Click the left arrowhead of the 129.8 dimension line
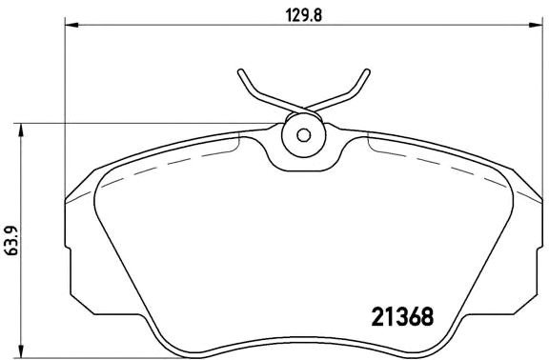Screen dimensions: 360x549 coord(69,26)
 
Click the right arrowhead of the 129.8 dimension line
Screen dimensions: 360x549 coord(537,26)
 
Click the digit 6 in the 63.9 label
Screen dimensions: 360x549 coord(10,250)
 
